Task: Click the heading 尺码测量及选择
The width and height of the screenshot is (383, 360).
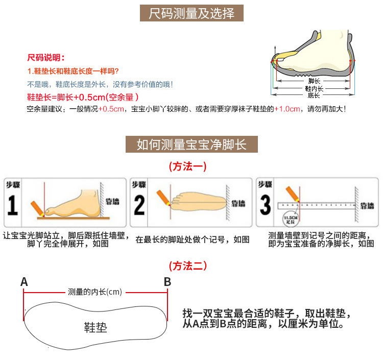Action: [x=192, y=13]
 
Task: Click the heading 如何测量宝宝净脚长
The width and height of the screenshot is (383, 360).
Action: [x=192, y=145]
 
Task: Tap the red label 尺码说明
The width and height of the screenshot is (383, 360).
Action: [x=45, y=58]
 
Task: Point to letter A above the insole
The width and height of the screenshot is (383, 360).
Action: [x=24, y=282]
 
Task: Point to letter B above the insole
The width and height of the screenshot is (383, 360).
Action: [x=167, y=282]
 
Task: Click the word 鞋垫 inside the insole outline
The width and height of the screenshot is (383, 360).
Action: [x=95, y=327]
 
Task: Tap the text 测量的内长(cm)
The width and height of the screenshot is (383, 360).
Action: [x=95, y=292]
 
